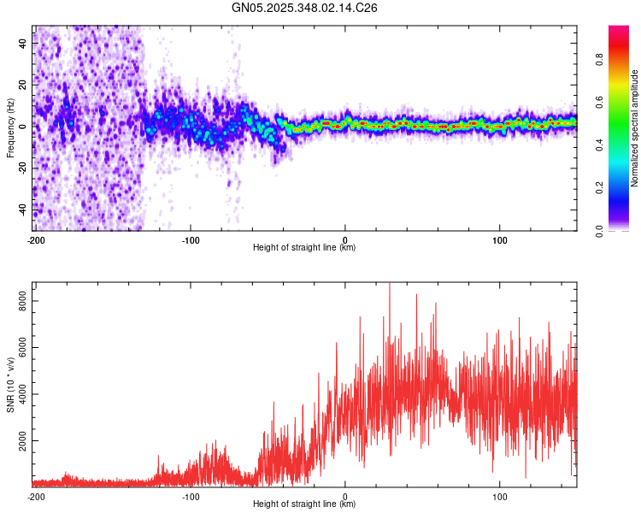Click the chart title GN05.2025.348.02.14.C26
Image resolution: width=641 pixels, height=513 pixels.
click(305, 8)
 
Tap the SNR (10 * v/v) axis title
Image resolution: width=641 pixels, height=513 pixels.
click(10, 384)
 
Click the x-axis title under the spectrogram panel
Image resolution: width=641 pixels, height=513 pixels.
click(305, 248)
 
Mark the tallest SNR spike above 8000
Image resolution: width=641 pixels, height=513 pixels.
click(390, 285)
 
